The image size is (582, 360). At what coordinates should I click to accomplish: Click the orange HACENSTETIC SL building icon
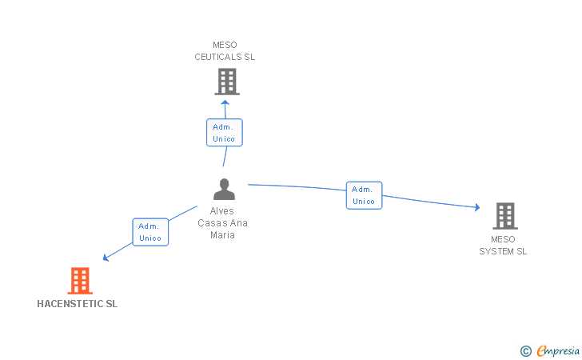point(80,281)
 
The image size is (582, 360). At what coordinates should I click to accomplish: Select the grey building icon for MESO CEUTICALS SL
point(226,81)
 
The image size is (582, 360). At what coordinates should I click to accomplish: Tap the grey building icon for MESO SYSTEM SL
point(504,216)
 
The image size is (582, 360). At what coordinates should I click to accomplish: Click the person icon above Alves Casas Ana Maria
point(225,190)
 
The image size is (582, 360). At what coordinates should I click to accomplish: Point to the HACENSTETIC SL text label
point(78,304)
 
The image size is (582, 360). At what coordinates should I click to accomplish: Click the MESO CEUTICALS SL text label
point(225,51)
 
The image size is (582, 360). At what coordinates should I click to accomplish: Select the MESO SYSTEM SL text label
point(503,245)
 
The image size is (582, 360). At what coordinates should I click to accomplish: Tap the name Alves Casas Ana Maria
point(222,223)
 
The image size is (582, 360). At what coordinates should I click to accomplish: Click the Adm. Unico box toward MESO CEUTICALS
point(224,133)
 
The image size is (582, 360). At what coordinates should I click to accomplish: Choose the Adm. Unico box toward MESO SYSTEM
point(364,195)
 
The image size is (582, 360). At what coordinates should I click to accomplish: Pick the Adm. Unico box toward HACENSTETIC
point(150,232)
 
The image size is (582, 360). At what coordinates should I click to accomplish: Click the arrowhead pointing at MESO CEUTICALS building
point(225,102)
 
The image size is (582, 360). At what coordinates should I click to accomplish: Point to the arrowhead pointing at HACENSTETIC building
point(106,258)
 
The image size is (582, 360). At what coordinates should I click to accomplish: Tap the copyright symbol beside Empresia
point(525,350)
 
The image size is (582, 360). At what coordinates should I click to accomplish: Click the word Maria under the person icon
point(222,235)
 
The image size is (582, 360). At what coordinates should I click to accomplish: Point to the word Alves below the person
point(222,211)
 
